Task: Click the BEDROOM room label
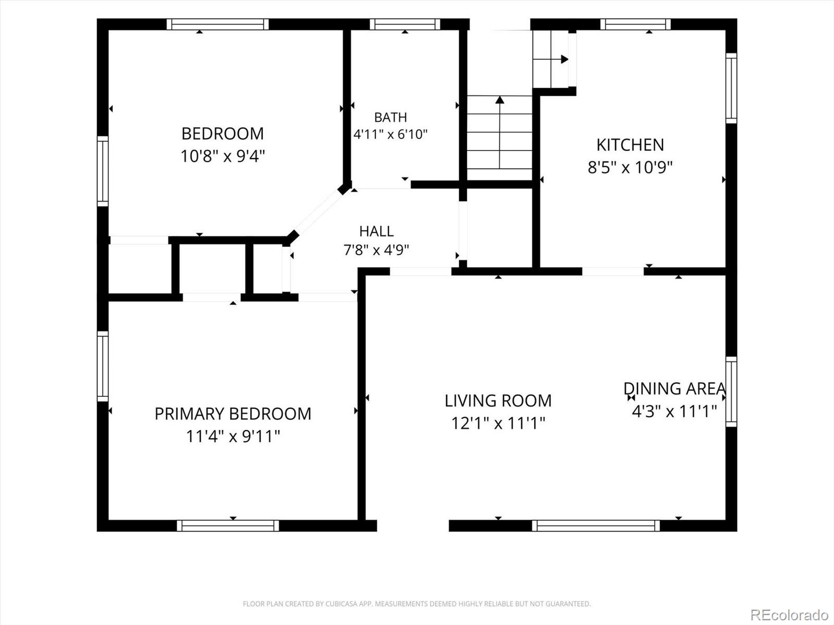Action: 223,133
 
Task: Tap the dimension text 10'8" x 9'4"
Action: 223,156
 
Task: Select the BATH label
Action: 390,117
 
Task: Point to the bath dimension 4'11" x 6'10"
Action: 390,134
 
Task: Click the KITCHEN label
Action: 630,145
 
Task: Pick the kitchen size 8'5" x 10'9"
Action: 630,167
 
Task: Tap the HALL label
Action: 376,231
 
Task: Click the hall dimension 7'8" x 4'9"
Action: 376,250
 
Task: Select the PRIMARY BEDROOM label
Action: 233,414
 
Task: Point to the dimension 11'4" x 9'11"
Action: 233,436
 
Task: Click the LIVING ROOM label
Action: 498,401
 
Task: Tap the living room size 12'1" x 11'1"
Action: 498,423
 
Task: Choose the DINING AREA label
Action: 675,389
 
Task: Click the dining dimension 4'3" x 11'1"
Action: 674,411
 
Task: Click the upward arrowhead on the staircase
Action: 500,100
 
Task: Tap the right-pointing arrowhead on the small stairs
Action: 565,59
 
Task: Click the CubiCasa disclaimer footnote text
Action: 417,603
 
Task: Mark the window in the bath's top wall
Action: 405,24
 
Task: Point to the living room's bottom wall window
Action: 596,526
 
